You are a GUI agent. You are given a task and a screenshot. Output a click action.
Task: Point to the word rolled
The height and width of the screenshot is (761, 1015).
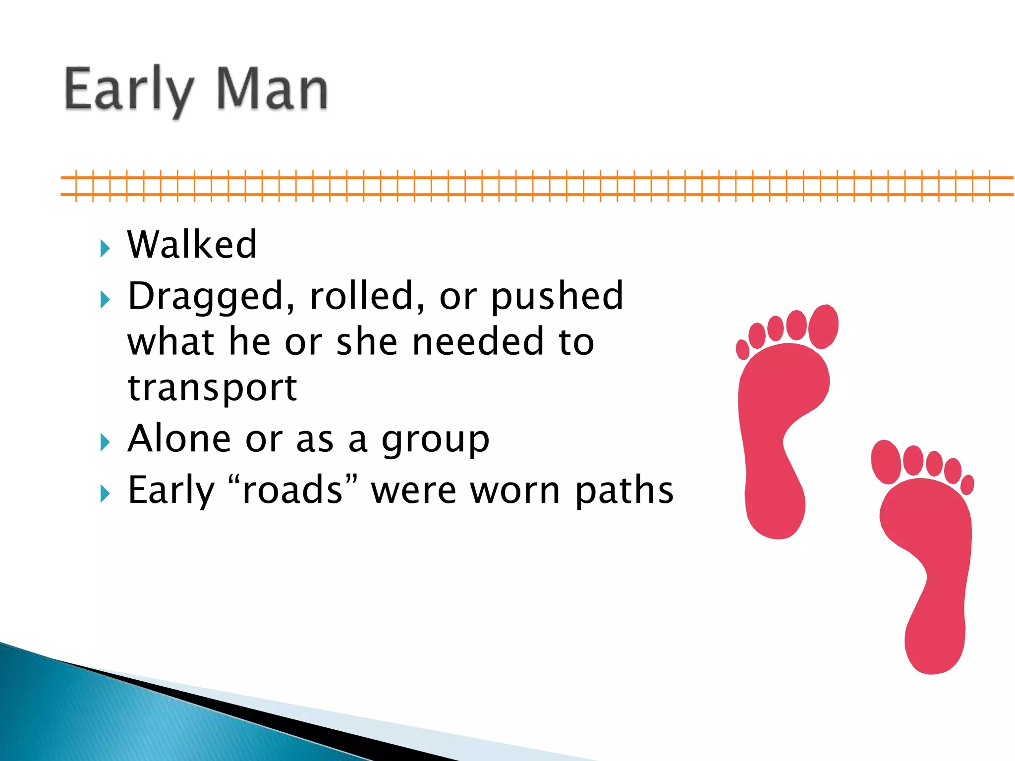coord(367,296)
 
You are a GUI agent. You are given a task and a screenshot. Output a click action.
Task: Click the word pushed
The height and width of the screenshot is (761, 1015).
coord(557,297)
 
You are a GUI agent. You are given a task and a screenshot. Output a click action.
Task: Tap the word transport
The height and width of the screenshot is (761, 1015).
coord(212,388)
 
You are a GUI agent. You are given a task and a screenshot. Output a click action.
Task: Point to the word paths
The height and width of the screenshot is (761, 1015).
coord(624,490)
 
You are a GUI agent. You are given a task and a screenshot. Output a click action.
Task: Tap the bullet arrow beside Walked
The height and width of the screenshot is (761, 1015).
coord(105,248)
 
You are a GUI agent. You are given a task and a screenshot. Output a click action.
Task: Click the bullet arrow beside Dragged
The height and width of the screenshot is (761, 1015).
coord(105,300)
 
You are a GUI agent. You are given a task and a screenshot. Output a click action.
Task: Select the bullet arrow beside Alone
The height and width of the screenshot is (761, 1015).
coord(105,442)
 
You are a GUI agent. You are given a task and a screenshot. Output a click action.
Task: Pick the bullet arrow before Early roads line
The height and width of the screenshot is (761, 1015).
coord(105,493)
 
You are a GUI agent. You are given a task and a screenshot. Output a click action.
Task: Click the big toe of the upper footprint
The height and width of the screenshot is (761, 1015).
coord(823,326)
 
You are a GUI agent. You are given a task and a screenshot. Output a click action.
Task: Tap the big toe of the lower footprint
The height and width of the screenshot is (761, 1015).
coord(886,461)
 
